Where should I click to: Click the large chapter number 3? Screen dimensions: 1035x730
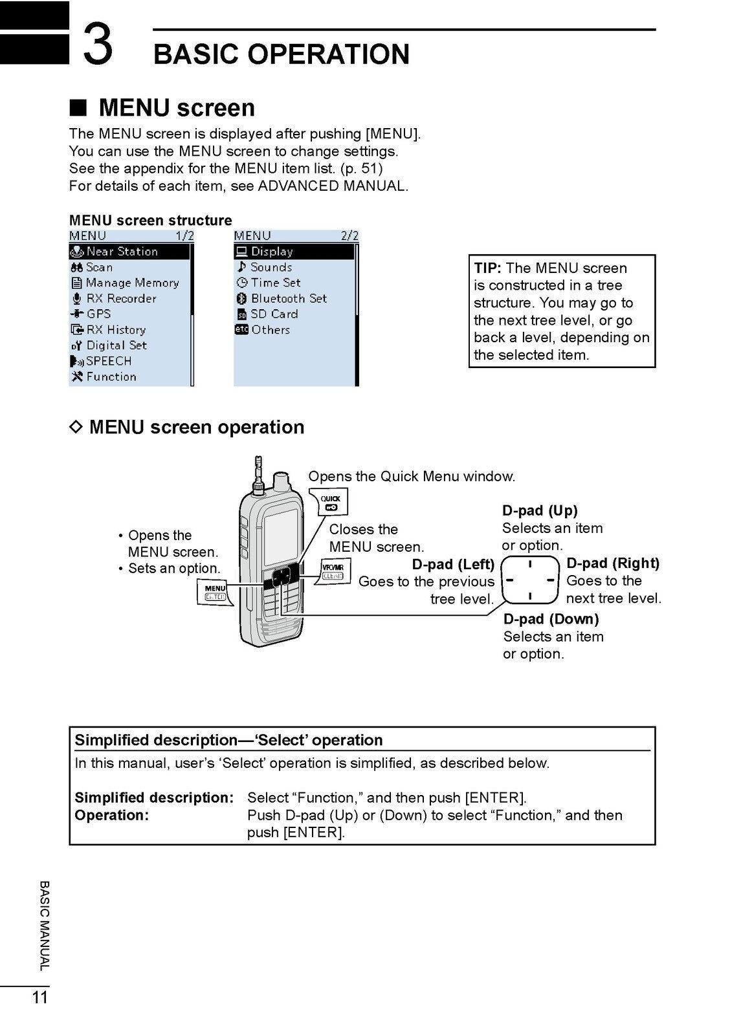coord(98,44)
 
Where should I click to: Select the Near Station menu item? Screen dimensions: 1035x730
coord(122,252)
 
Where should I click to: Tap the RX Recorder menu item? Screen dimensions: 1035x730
coord(120,298)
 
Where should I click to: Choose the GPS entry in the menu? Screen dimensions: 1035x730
coord(98,314)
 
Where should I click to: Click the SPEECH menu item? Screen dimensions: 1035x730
coord(108,361)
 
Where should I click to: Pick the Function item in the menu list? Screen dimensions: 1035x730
coord(111,376)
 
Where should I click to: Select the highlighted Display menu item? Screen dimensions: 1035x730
coord(271,252)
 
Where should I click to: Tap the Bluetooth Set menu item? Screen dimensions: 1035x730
coord(288,298)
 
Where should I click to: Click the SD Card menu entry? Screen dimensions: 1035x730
coord(274,314)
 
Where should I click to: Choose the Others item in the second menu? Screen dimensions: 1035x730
coord(270,329)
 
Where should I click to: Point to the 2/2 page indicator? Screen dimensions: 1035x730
coord(349,236)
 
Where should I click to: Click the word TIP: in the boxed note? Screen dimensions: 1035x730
coord(487,268)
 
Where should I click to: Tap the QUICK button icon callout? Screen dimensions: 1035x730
coord(333,502)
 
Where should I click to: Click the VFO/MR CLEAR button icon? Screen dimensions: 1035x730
coord(333,571)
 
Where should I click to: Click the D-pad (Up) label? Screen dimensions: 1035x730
coord(540,510)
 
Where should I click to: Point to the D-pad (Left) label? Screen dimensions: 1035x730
coord(453,564)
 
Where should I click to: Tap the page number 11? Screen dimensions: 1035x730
coord(40,997)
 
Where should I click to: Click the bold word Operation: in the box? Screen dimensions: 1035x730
coord(111,815)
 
